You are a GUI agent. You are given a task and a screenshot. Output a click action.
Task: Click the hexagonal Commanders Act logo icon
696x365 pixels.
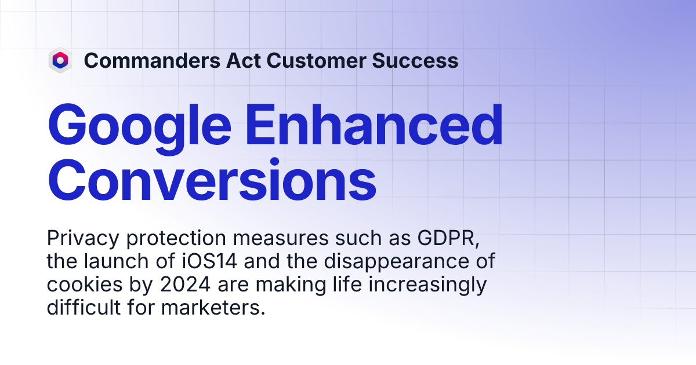[x=60, y=60]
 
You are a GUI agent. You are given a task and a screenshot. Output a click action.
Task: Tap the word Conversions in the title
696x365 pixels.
[x=212, y=181]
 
